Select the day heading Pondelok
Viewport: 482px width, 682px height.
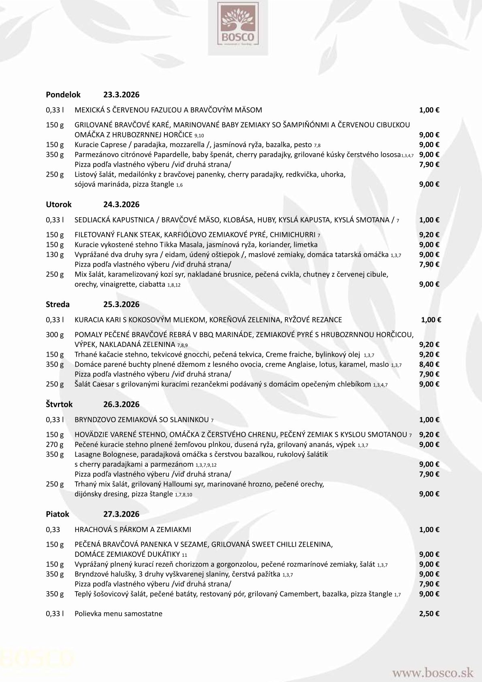click(63, 95)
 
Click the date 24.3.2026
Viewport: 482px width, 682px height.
click(121, 205)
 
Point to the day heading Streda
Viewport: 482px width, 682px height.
click(58, 304)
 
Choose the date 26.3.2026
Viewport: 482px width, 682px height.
click(121, 404)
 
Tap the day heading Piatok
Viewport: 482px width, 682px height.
click(58, 514)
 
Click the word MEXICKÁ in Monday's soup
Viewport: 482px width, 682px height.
click(91, 110)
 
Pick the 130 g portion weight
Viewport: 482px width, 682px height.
click(55, 254)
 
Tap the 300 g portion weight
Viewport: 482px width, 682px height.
click(55, 335)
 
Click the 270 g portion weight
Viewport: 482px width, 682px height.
click(55, 445)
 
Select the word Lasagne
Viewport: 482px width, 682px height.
click(87, 454)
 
